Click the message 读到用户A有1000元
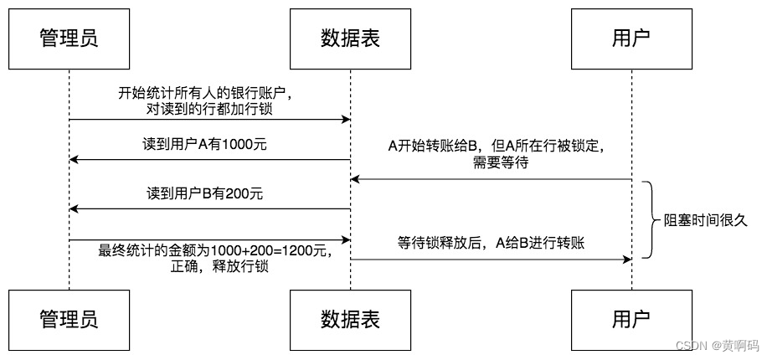point(203,146)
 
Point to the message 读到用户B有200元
point(204,193)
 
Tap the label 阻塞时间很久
point(706,221)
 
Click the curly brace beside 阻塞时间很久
point(652,219)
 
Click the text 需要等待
point(500,163)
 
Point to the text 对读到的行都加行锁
point(209,110)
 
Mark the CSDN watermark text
point(717,345)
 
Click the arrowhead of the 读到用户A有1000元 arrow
point(74,160)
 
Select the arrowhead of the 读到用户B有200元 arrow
point(74,209)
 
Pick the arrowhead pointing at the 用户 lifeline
point(627,260)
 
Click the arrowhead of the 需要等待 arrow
point(355,180)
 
